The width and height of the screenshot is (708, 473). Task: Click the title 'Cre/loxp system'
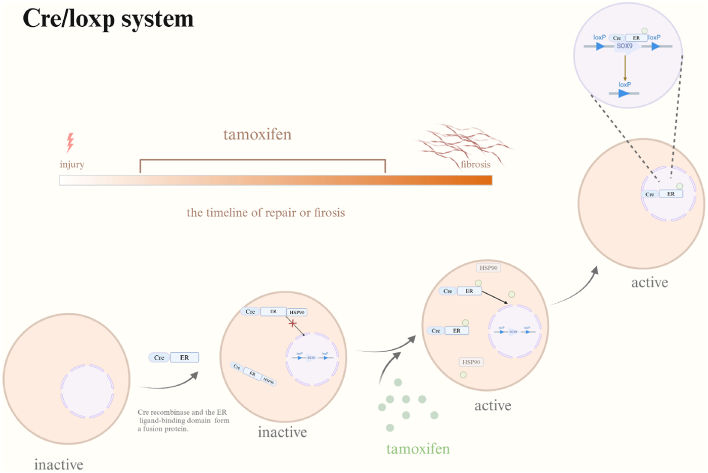point(108,19)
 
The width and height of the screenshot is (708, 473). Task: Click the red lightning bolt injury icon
point(70,142)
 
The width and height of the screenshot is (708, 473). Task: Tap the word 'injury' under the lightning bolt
point(72,164)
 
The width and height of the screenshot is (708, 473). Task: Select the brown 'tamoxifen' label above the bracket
point(257,134)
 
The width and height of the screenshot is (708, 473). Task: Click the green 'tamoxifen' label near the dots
point(418,449)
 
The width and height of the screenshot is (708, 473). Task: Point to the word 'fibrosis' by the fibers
point(475,164)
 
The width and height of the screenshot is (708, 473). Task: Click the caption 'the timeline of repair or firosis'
point(265,213)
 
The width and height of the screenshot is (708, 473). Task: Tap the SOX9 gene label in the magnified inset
point(625,46)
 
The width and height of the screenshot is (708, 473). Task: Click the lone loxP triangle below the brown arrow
point(624,93)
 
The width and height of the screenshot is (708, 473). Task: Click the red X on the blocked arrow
point(292,323)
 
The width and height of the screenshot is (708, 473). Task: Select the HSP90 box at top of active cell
point(489,268)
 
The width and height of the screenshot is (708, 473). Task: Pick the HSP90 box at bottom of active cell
point(471,362)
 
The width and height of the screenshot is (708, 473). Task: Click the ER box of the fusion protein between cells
point(184,358)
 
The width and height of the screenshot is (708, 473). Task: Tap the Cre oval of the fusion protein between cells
point(159,358)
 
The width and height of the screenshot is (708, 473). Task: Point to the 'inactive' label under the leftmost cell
point(59,464)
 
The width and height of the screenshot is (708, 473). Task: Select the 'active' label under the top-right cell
point(649,282)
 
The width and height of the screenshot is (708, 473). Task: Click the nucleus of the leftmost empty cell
point(87,391)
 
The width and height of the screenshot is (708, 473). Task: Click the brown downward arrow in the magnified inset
point(625,68)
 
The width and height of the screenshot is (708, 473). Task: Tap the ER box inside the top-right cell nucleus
point(671,194)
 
